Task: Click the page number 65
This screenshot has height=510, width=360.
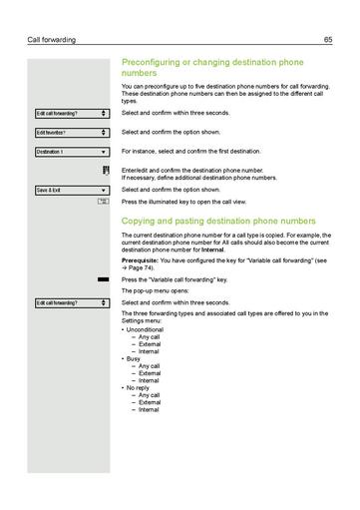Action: coord(327,40)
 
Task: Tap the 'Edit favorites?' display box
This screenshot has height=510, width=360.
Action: coord(71,132)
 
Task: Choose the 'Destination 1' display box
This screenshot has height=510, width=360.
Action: coord(71,151)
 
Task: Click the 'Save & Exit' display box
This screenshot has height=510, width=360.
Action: coord(71,189)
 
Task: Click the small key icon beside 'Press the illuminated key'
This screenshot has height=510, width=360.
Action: coord(104,202)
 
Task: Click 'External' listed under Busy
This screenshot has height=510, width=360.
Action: coord(149,373)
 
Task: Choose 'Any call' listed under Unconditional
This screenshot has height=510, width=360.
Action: coord(149,336)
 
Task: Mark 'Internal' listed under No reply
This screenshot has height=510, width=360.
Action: coord(149,409)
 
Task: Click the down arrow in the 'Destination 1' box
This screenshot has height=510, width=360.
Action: coord(104,152)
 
